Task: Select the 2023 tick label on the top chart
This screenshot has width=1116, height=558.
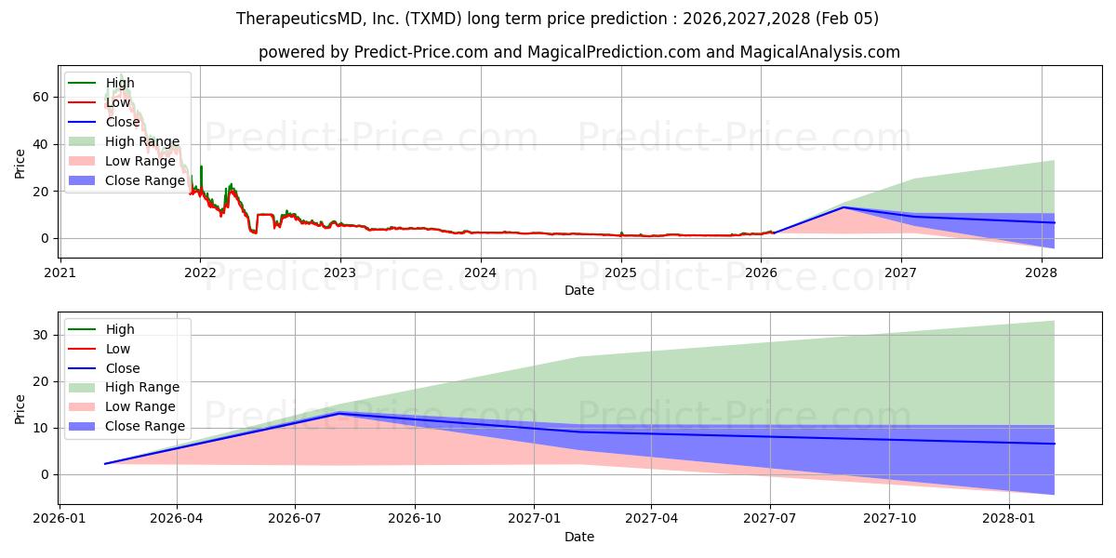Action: (x=340, y=272)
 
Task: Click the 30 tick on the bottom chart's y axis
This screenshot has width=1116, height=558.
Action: (x=42, y=335)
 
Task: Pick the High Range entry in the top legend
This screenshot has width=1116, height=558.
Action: (x=142, y=141)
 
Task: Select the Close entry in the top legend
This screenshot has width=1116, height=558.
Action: (x=123, y=122)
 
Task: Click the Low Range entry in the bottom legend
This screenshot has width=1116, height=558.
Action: (x=139, y=406)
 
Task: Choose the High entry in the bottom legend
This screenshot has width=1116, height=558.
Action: (x=120, y=329)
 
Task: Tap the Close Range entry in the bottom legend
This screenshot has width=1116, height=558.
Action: (x=145, y=426)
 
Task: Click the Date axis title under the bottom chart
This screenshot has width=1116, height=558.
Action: (x=579, y=537)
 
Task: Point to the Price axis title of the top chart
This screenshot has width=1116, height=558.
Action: (x=20, y=165)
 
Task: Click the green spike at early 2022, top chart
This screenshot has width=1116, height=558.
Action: (x=201, y=167)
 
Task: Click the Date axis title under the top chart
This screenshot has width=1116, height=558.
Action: (x=579, y=290)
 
